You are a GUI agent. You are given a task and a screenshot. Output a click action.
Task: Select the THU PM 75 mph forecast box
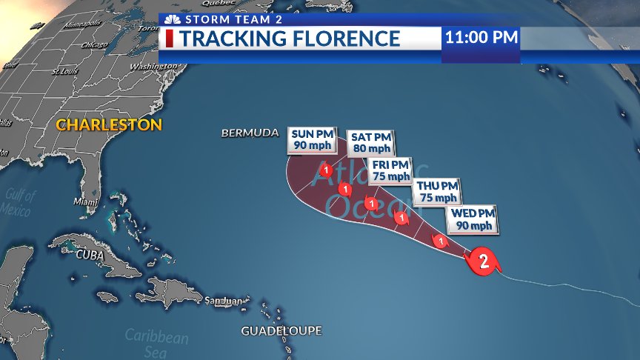(437, 192)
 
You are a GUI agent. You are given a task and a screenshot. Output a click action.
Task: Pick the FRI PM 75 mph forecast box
(390, 170)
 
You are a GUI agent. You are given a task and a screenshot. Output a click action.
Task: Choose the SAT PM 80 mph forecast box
(370, 142)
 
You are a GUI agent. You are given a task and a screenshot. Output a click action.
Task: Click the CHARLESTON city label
(109, 124)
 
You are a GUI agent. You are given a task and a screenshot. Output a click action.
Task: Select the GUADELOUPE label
(281, 330)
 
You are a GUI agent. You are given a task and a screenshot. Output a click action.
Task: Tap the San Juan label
(224, 301)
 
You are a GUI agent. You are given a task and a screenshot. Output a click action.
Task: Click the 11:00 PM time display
(481, 37)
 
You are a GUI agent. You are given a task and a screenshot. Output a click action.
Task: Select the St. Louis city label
(65, 72)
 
